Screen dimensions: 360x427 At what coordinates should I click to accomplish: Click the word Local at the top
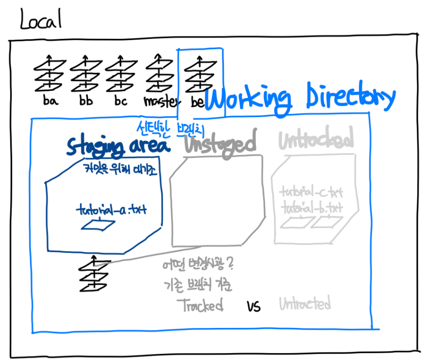[41, 19]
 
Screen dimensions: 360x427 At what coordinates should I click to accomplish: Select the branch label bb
[85, 101]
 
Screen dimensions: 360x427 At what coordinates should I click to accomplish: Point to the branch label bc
[120, 101]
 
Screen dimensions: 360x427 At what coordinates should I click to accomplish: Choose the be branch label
[198, 102]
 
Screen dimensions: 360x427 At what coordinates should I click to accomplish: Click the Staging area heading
[118, 145]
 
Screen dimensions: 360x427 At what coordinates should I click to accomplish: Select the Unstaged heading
[220, 144]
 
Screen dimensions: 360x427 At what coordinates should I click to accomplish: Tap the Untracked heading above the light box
[316, 139]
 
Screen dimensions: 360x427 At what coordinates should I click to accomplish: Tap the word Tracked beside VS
[200, 305]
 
